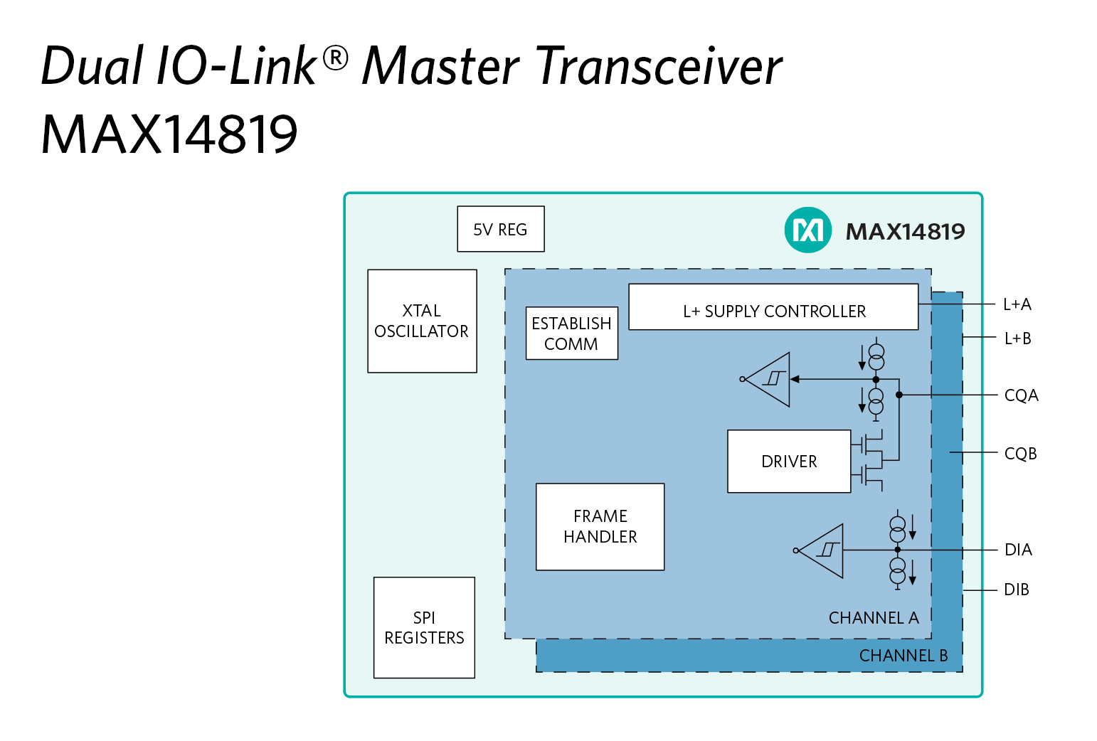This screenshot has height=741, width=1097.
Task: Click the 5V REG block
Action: coord(500,229)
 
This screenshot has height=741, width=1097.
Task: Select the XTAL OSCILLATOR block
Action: coord(422,321)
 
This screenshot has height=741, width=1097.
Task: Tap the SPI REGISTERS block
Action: coord(424,627)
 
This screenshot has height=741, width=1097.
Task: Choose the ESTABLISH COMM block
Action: coord(571,333)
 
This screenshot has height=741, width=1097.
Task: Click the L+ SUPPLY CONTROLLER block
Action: coord(773,307)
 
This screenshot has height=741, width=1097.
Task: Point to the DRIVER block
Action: coord(789,461)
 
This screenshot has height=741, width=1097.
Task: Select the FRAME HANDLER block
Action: coord(600,526)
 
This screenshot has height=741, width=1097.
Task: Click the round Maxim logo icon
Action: coord(808,230)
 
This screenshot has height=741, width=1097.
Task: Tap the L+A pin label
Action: coord(1017,304)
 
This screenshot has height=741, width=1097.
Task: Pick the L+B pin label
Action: coord(1017,338)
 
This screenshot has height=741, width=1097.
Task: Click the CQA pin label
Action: coord(1021,395)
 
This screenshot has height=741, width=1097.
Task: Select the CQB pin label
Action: coord(1020,454)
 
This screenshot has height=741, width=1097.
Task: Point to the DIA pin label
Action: coord(1018,550)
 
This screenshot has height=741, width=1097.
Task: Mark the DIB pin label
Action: coord(1016,590)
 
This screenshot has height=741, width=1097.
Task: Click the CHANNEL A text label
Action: coord(873,618)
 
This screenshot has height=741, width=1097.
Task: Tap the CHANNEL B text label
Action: coord(903,656)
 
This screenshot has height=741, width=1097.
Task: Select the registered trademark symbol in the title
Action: coord(336,57)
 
